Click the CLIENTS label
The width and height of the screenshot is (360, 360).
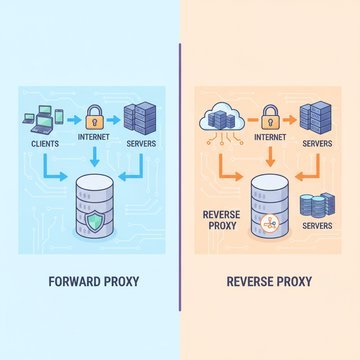(45, 144)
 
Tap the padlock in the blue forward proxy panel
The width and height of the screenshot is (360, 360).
(95, 117)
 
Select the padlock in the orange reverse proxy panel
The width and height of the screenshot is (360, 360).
(271, 117)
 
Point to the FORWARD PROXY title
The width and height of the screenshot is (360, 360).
(94, 282)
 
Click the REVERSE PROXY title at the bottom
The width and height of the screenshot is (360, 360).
(269, 282)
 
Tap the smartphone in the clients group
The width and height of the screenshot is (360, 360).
(59, 117)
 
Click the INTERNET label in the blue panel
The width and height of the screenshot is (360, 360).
(93, 137)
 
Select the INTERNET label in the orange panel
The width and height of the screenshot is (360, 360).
(270, 137)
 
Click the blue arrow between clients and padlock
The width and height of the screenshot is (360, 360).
(74, 120)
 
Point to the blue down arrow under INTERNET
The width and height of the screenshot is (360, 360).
(95, 156)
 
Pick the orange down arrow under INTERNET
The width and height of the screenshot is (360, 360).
(270, 156)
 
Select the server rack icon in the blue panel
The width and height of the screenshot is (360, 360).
(140, 118)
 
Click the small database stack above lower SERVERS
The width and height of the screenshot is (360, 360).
(317, 205)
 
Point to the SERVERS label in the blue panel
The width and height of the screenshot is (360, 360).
(141, 144)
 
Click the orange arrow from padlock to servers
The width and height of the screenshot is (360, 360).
(290, 120)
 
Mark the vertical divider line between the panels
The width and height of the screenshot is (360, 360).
(180, 177)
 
